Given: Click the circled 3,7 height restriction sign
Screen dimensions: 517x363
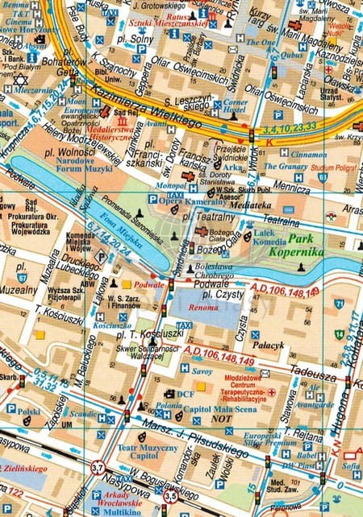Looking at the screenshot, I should coord(98,467).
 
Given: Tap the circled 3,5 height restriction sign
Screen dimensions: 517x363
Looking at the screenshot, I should coord(171,496).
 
